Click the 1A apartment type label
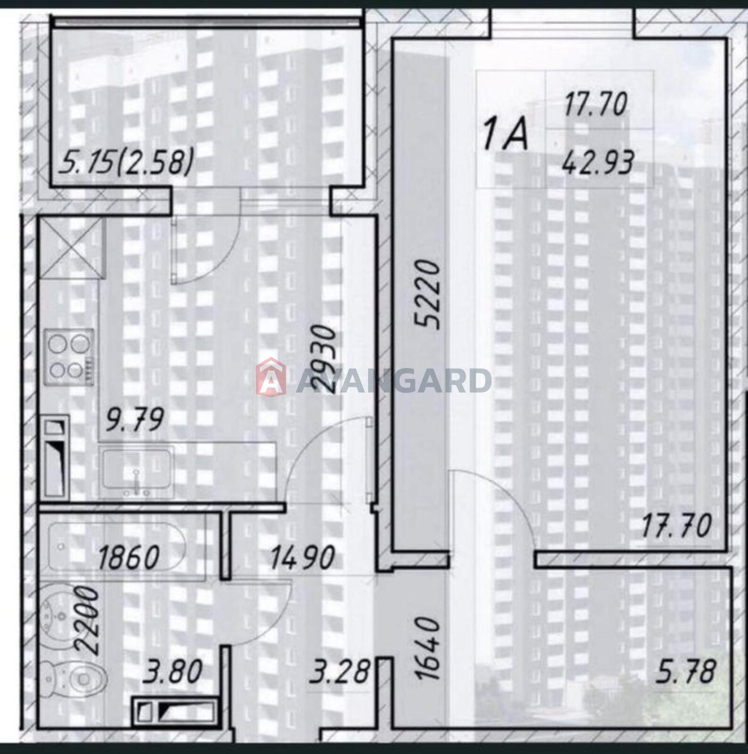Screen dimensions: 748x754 click(505, 135)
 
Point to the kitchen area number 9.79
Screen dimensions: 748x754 click(135, 419)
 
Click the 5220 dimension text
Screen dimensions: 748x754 click(427, 294)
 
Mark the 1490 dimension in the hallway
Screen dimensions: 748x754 click(302, 557)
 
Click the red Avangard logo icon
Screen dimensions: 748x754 click(271, 377)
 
